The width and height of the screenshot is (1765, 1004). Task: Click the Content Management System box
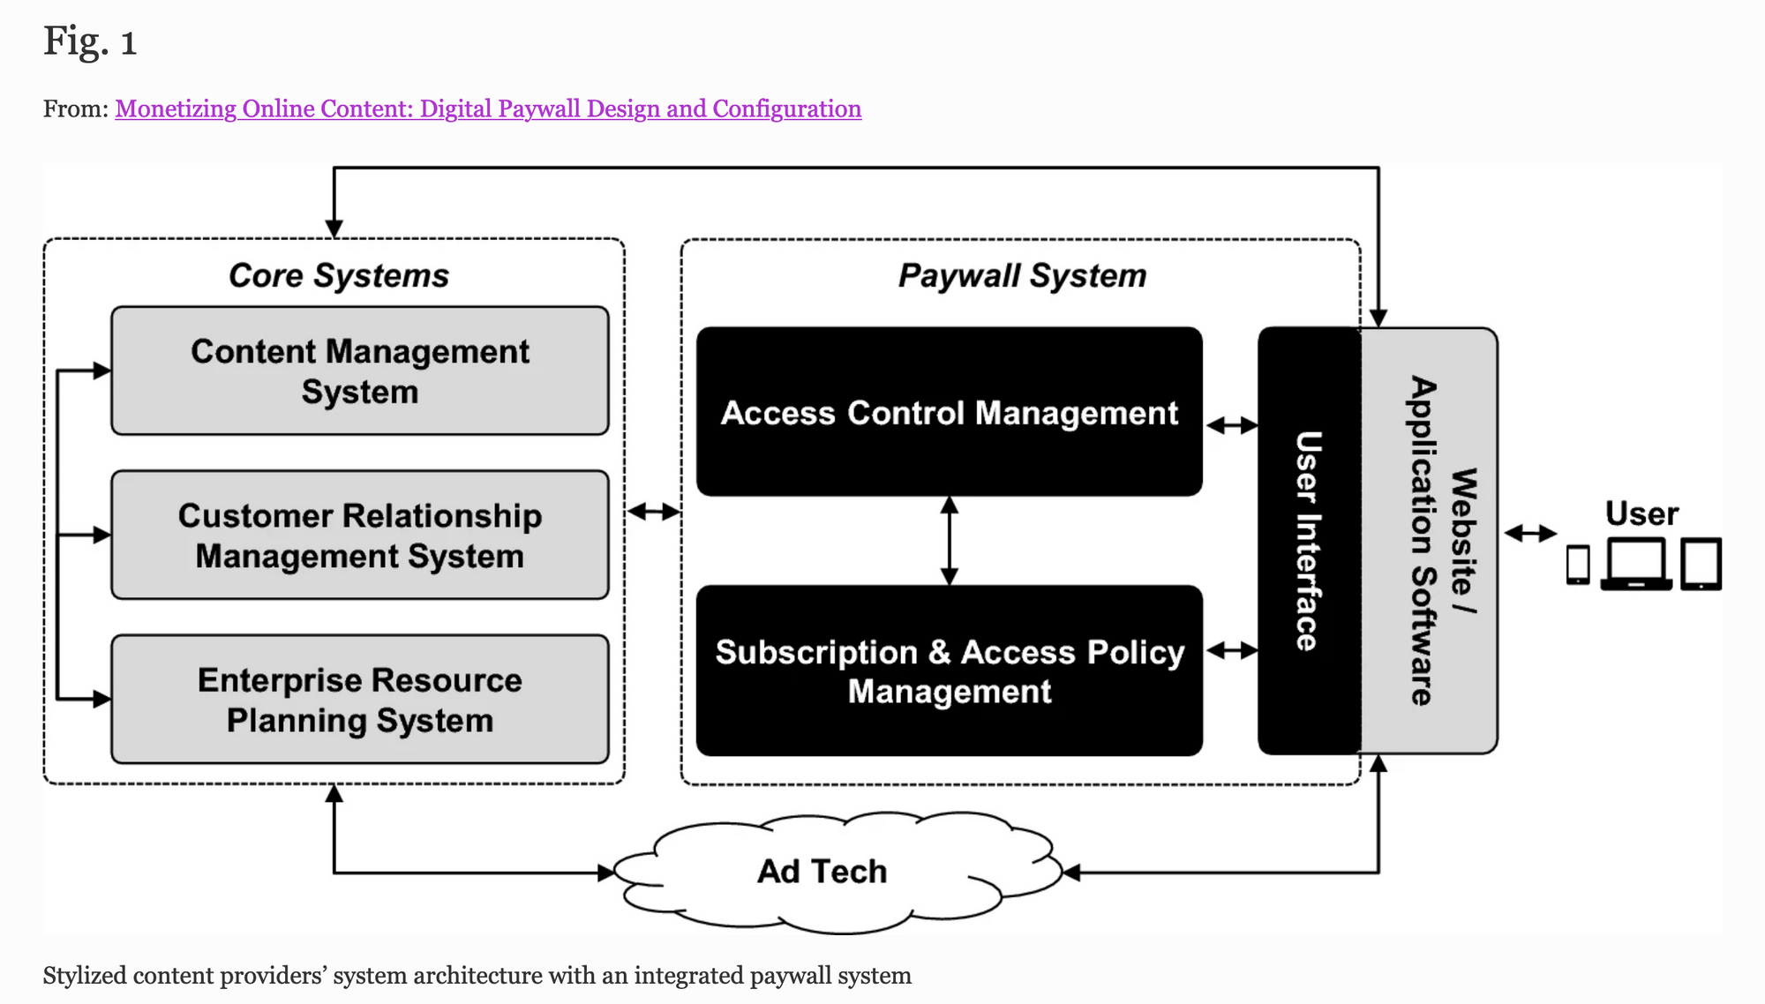coord(360,371)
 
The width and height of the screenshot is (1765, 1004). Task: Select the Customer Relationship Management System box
coord(360,535)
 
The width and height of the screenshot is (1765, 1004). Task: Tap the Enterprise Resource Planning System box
coord(360,699)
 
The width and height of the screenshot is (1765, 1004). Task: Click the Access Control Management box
coord(949,412)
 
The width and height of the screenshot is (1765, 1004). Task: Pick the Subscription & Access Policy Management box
coord(949,671)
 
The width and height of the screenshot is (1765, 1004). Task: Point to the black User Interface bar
coord(1309,541)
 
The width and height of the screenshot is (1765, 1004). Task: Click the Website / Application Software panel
coord(1430,541)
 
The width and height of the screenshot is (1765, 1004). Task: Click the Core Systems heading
coord(339,275)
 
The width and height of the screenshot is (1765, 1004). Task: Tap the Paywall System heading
coord(1022,275)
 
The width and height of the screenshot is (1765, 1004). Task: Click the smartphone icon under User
coord(1578,565)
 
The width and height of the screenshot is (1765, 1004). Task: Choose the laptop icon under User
coord(1636,565)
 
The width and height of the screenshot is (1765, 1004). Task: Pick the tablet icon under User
coord(1701,565)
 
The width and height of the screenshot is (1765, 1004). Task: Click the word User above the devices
coord(1641,513)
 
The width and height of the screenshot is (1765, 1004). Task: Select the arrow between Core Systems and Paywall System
coord(653,511)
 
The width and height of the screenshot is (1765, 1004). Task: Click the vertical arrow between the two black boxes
coord(950,541)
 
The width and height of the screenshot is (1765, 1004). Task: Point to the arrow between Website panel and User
coord(1530,533)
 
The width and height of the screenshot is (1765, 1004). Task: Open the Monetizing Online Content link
coord(488,109)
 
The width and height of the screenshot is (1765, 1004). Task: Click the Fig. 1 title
coord(90,41)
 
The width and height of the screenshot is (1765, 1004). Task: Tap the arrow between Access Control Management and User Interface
coord(1231,425)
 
